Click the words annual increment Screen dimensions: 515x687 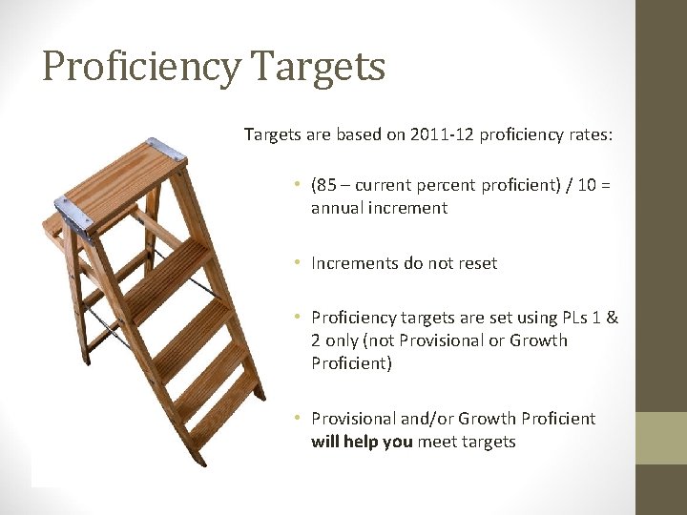click(379, 207)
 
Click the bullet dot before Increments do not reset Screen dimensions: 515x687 click(298, 262)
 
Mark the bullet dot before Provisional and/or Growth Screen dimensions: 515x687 click(298, 419)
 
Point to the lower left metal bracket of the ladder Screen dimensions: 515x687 click(73, 215)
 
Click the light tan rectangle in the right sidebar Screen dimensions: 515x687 click(660, 438)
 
